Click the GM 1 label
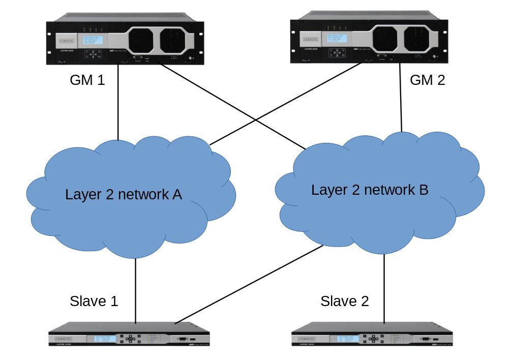(x=87, y=80)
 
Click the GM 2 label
(x=427, y=80)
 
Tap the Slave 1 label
(x=94, y=301)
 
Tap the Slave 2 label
(x=344, y=301)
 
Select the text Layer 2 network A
(x=124, y=194)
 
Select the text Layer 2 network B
(x=370, y=190)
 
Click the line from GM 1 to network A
(x=118, y=102)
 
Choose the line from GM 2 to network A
(x=285, y=104)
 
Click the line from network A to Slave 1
(x=136, y=290)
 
